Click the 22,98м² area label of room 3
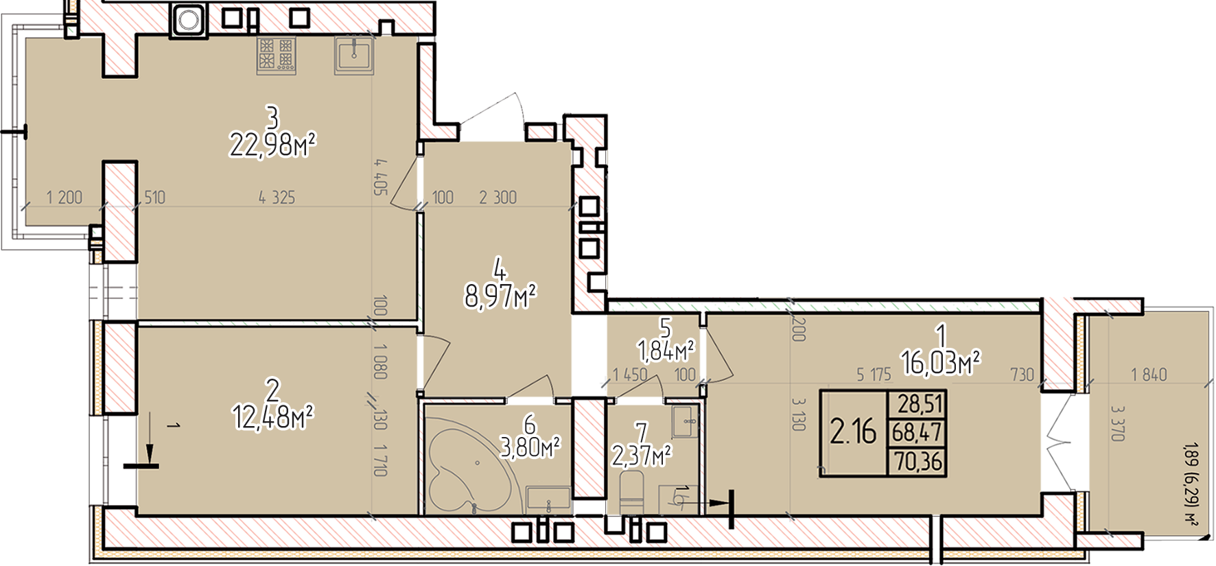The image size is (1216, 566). point(272,145)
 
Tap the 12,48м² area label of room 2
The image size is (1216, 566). point(273,416)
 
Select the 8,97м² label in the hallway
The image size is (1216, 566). point(500,297)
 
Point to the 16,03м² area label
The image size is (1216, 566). point(941,362)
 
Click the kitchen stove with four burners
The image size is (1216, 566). point(276,56)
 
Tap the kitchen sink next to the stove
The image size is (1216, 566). point(354,54)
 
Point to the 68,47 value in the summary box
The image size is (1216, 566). point(917,433)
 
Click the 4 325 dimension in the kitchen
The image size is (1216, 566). point(277,198)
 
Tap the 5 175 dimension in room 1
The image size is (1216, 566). point(874,375)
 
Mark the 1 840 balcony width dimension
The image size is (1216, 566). point(1149,375)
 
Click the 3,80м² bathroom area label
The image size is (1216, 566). point(530,448)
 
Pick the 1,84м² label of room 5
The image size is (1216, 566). point(666,352)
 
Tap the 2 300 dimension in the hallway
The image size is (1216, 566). point(498,198)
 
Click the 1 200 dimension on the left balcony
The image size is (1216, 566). point(64,198)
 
